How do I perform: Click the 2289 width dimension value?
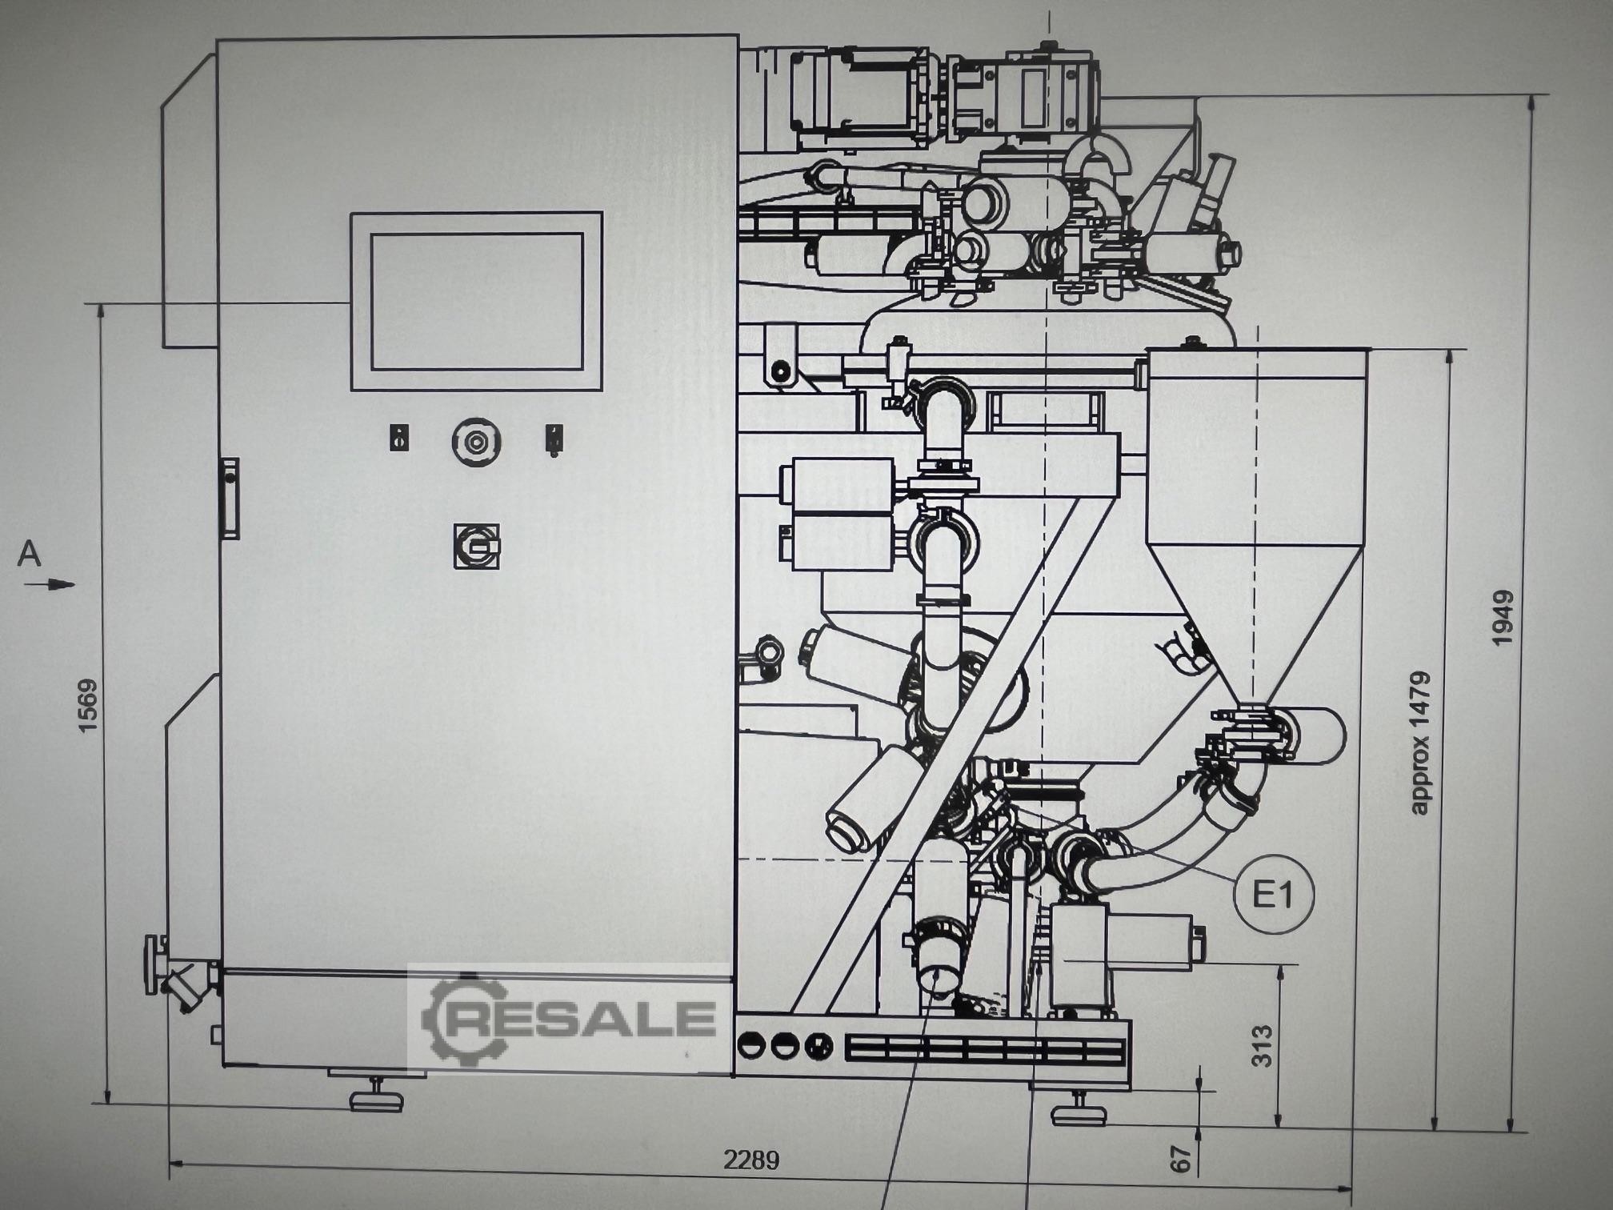751,1160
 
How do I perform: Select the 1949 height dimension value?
1503,618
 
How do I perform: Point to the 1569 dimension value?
87,705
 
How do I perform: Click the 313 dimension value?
1261,1045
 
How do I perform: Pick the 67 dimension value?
1182,1159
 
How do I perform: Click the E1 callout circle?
1274,894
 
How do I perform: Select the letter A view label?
30,554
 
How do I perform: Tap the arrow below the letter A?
50,585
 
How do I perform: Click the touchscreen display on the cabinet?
477,302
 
